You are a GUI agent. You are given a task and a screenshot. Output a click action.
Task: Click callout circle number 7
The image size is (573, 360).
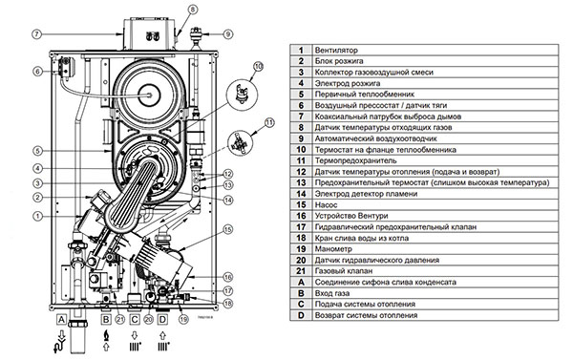click(x=37, y=34)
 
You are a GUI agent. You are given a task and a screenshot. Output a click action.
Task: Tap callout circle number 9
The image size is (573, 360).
click(x=227, y=34)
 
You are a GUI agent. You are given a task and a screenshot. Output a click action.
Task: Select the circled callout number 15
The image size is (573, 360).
click(x=227, y=229)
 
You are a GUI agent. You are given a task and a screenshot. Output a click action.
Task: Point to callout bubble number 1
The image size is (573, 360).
click(x=37, y=216)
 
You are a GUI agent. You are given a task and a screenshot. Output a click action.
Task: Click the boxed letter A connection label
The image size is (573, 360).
click(x=61, y=320)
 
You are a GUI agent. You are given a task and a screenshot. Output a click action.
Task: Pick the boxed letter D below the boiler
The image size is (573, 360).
click(x=162, y=320)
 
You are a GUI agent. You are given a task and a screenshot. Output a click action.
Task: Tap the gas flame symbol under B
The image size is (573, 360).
click(x=106, y=335)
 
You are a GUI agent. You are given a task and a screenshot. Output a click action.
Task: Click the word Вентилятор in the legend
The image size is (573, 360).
click(x=336, y=50)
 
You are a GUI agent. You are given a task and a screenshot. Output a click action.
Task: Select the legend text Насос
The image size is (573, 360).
click(x=326, y=204)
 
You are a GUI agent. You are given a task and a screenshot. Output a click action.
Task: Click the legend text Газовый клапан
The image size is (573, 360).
click(x=344, y=271)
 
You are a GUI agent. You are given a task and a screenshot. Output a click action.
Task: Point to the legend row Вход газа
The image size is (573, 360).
click(x=332, y=293)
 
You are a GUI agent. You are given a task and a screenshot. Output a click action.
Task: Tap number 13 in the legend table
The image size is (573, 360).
click(x=301, y=182)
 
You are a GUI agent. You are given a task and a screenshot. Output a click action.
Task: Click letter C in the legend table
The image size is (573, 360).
click(x=301, y=304)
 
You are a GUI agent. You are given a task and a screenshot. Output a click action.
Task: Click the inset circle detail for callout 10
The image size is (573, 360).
click(x=242, y=94)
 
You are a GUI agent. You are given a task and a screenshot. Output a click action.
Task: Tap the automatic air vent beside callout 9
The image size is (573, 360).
click(x=197, y=36)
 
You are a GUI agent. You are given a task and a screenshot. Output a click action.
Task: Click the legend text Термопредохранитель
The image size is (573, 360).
click(x=355, y=160)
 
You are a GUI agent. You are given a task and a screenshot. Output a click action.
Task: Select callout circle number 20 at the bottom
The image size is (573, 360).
click(x=148, y=319)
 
